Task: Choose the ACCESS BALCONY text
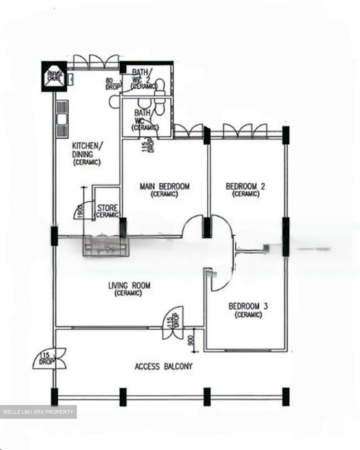[163, 366]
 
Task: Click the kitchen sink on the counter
[62, 119]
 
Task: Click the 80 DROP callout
[112, 84]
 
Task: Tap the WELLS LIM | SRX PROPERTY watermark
[38, 412]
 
